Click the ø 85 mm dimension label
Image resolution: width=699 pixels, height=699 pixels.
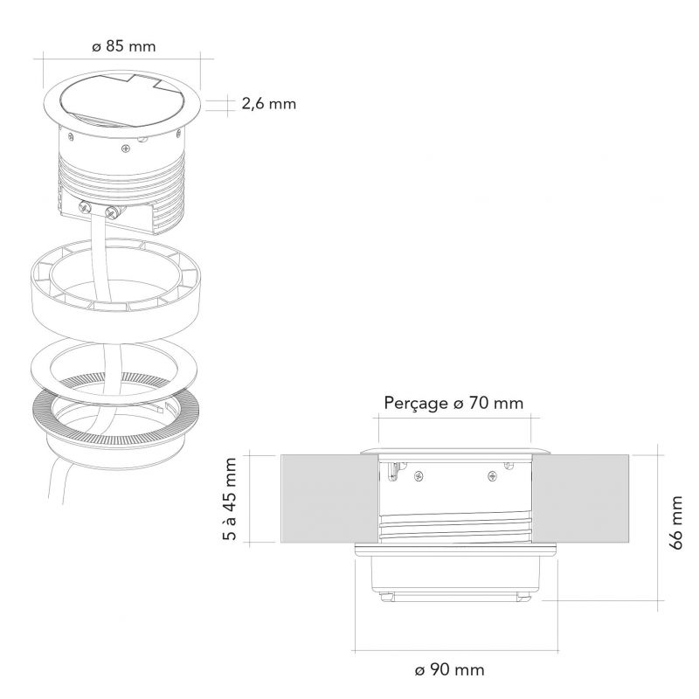(x=124, y=46)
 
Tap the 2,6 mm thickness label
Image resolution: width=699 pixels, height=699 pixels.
(x=269, y=104)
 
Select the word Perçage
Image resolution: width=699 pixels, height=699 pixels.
(x=416, y=404)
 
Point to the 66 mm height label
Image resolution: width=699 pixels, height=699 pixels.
(x=675, y=523)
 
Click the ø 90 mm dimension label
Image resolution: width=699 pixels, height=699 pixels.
(x=449, y=670)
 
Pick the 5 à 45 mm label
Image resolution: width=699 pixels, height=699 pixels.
(x=229, y=499)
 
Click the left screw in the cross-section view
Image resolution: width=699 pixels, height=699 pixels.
(x=419, y=476)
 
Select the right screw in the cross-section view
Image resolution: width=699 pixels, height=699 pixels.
(x=492, y=476)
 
